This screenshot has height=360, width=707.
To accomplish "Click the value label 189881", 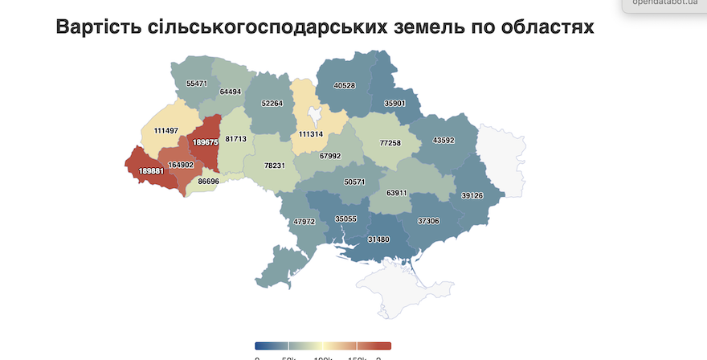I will pyautogui.click(x=152, y=170).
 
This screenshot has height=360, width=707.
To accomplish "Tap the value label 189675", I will pyautogui.click(x=205, y=142).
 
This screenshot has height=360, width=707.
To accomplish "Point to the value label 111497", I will pyautogui.click(x=166, y=130).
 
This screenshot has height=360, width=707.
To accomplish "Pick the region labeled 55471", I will pyautogui.click(x=196, y=83).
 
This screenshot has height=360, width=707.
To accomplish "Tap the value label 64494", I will pyautogui.click(x=230, y=92).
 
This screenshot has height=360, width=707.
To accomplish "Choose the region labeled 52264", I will pyautogui.click(x=272, y=104).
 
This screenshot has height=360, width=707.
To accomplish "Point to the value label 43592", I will pyautogui.click(x=443, y=141).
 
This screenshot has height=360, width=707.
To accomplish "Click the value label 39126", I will pyautogui.click(x=472, y=195).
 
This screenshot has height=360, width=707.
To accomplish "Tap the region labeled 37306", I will pyautogui.click(x=429, y=220).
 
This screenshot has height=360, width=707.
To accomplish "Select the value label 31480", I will pyautogui.click(x=378, y=239).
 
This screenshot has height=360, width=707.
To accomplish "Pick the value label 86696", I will pyautogui.click(x=208, y=182).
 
